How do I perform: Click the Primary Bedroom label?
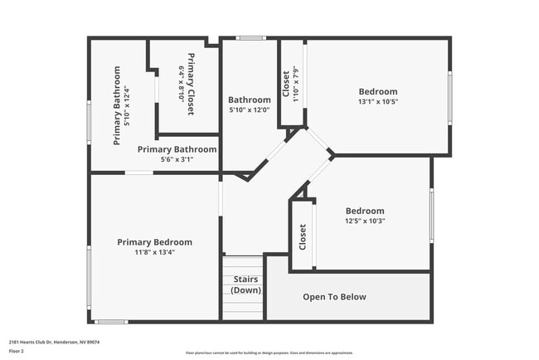[x=154, y=242]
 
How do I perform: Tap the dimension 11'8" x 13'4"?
[x=154, y=252]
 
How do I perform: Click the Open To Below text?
[x=334, y=297]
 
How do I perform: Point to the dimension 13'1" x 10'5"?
[x=377, y=102]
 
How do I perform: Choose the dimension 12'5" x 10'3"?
[x=365, y=221]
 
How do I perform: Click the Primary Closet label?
[x=192, y=84]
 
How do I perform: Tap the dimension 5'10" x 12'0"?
[x=250, y=109]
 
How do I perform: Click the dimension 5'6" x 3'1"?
[x=177, y=159]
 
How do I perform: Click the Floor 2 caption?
[x=17, y=352]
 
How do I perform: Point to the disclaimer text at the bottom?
[x=269, y=353]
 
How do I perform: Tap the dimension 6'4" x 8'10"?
[x=182, y=84]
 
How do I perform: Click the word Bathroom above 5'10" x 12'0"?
[x=250, y=100]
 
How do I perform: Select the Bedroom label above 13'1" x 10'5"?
[x=377, y=91]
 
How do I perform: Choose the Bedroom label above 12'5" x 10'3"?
[x=365, y=211]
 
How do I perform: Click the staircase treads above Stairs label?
[x=243, y=264]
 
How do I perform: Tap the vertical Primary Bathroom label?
[x=117, y=105]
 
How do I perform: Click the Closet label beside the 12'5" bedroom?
[x=303, y=236]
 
